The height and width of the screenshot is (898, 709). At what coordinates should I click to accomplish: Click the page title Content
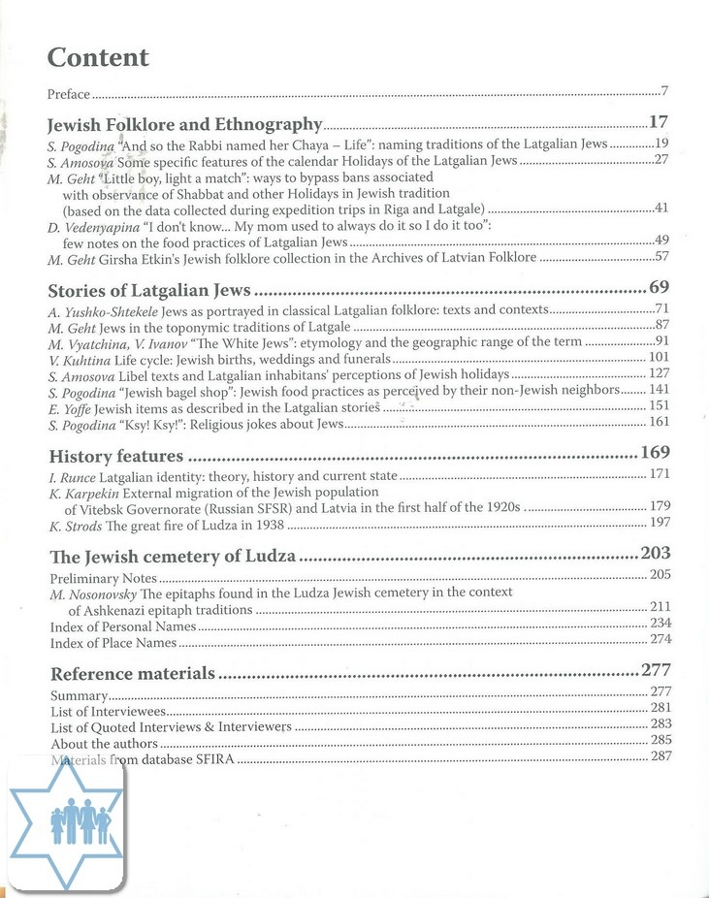point(98,58)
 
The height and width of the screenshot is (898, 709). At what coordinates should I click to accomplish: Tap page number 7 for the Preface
point(665,92)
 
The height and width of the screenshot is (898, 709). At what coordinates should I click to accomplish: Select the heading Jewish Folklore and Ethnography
point(184,124)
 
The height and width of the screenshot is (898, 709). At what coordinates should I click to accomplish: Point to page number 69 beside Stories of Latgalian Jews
point(659,288)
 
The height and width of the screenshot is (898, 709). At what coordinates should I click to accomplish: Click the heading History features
point(115,456)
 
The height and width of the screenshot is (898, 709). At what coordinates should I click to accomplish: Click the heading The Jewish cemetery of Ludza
point(173,557)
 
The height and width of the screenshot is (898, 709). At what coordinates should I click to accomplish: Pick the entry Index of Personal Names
point(113,626)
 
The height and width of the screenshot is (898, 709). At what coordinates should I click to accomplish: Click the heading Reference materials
point(132,673)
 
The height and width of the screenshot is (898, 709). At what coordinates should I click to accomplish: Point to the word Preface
point(69,94)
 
